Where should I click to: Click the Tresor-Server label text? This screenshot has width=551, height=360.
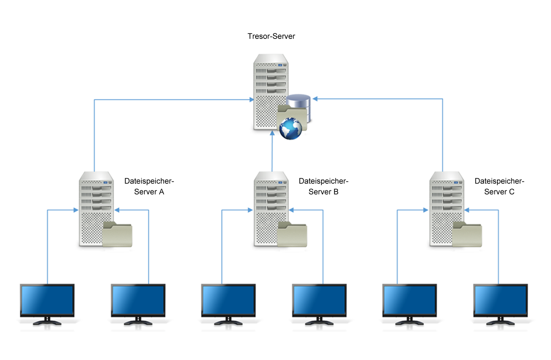(271, 36)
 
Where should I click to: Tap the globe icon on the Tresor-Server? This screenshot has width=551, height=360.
(291, 129)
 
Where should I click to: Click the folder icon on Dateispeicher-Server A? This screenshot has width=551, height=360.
(117, 235)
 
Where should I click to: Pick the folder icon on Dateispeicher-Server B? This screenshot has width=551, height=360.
(292, 235)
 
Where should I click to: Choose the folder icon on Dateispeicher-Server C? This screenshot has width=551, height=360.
(467, 235)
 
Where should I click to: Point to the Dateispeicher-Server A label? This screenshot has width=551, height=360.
(149, 186)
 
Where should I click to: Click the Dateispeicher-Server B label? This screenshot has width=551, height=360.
(323, 186)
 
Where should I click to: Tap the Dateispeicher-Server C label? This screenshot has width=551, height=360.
(499, 186)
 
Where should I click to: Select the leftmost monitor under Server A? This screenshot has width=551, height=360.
(47, 301)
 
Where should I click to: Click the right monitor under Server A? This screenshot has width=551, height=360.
(138, 301)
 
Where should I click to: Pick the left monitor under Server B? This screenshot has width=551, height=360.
(228, 301)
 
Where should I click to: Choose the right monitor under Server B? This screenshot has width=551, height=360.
(319, 301)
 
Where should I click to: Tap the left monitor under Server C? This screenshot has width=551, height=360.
(409, 301)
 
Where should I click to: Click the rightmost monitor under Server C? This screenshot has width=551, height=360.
(500, 301)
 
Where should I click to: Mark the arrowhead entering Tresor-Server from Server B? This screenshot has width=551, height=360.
(272, 133)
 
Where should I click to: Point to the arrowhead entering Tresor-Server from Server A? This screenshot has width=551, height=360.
(251, 100)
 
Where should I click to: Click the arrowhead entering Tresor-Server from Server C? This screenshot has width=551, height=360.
(315, 99)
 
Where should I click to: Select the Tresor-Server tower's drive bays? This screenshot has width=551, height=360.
(271, 80)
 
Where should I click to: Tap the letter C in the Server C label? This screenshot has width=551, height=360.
(511, 192)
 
